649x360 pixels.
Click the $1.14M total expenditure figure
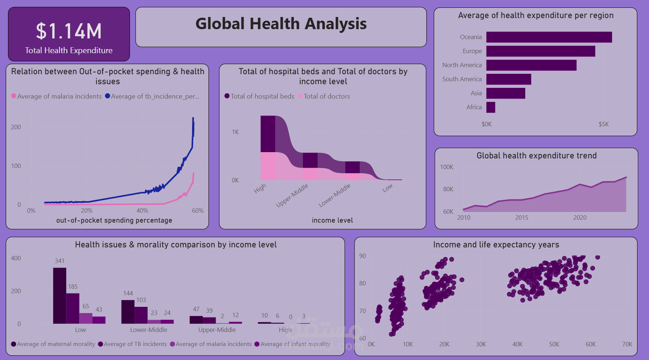[x=69, y=31]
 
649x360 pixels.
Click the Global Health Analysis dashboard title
[x=281, y=24]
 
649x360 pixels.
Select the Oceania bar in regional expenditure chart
[x=549, y=37]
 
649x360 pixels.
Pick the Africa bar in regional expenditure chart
[x=491, y=107]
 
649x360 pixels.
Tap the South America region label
[x=462, y=79]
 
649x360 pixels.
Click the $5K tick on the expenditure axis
[x=604, y=124]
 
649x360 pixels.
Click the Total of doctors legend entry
[x=326, y=96]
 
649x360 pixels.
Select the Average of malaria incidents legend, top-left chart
[x=59, y=96]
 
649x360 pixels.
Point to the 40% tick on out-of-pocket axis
[x=142, y=210]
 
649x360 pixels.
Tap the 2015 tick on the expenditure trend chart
[x=522, y=217]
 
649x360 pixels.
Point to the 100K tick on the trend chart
[x=446, y=167]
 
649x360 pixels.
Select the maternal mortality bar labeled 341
[x=59, y=295]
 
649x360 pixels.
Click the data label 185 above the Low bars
[x=73, y=287]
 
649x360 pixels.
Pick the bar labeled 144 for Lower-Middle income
[x=128, y=312]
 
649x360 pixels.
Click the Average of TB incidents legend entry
[x=135, y=344]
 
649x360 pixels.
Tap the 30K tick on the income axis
[x=481, y=344]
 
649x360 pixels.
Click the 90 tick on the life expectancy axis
[x=362, y=256]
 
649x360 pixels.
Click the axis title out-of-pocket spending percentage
[x=114, y=220]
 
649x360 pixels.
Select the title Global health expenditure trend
[x=536, y=156]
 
